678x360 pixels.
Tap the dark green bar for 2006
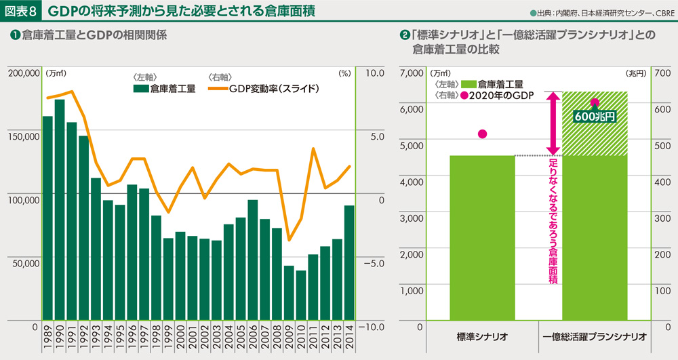252,260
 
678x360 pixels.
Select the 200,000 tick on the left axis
22,72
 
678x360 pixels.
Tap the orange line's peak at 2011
313,149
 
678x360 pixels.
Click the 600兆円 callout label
594,117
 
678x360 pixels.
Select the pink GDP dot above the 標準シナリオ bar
482,134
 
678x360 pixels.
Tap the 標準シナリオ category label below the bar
482,336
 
